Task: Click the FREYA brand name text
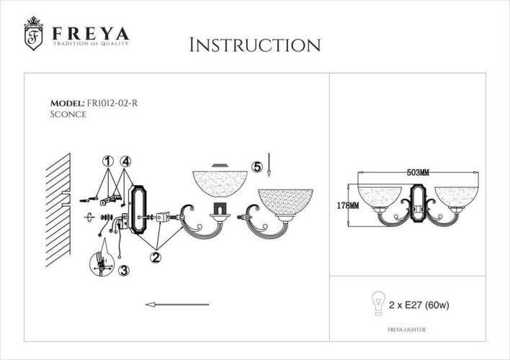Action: coord(90,34)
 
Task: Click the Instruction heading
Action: coord(254,45)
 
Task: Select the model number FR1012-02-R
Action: coord(112,103)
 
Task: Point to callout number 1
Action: coord(107,161)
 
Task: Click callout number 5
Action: coord(257,166)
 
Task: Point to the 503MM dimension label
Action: coord(418,173)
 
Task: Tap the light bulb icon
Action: coord(375,303)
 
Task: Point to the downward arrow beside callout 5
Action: coord(268,165)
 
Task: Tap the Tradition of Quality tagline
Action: coord(90,45)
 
